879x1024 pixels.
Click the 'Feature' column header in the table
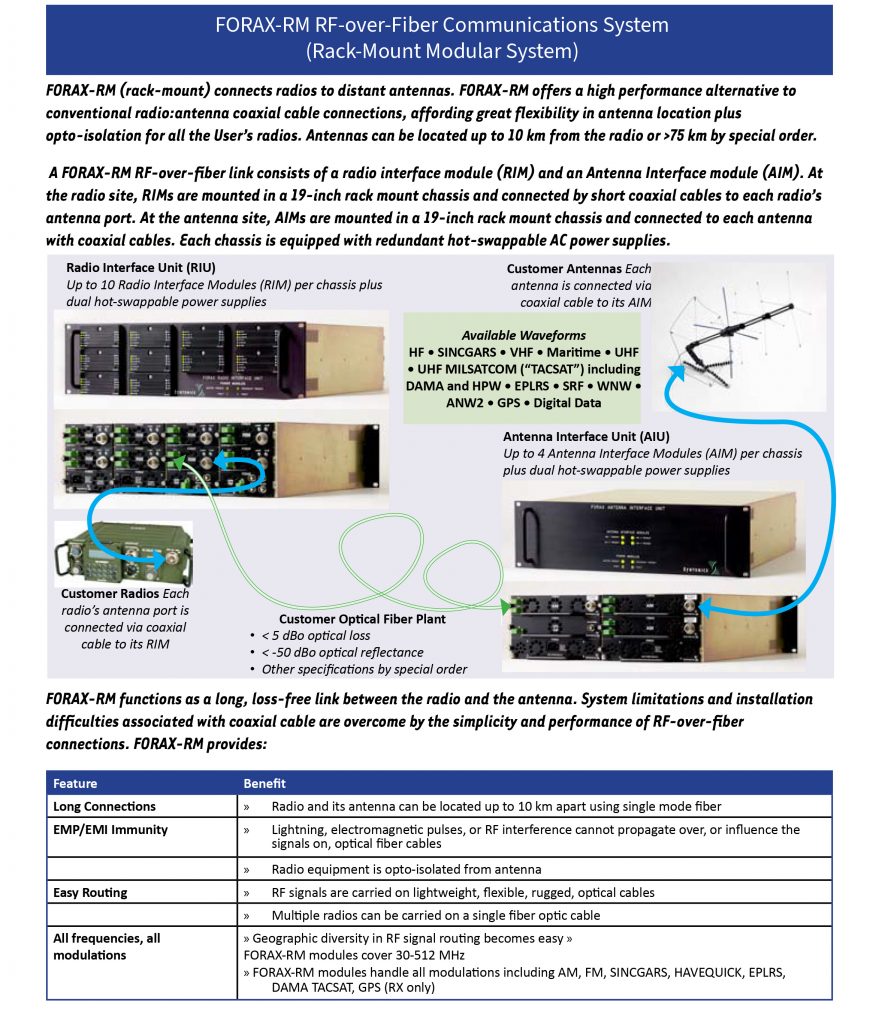(x=75, y=783)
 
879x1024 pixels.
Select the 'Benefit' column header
(x=264, y=783)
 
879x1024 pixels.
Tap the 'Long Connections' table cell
(x=104, y=806)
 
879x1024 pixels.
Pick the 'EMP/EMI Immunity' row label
(x=110, y=829)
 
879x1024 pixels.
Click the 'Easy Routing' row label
(x=90, y=892)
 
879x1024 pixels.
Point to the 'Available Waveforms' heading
(x=524, y=335)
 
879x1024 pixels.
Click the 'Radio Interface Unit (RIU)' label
(x=140, y=267)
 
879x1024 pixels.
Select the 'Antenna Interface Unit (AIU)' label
(x=586, y=436)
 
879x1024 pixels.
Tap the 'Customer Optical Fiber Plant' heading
(x=362, y=618)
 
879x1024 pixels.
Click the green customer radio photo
(x=124, y=554)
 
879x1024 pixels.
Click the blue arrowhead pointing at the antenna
(x=677, y=372)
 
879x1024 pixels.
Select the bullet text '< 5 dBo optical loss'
(x=316, y=635)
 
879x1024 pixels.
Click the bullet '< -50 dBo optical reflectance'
(x=342, y=652)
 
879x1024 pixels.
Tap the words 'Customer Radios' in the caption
(x=110, y=594)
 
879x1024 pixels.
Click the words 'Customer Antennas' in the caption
(x=564, y=268)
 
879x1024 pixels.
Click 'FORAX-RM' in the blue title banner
(x=263, y=25)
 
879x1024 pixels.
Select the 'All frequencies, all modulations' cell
(x=106, y=946)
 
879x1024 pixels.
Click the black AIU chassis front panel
(x=630, y=539)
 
